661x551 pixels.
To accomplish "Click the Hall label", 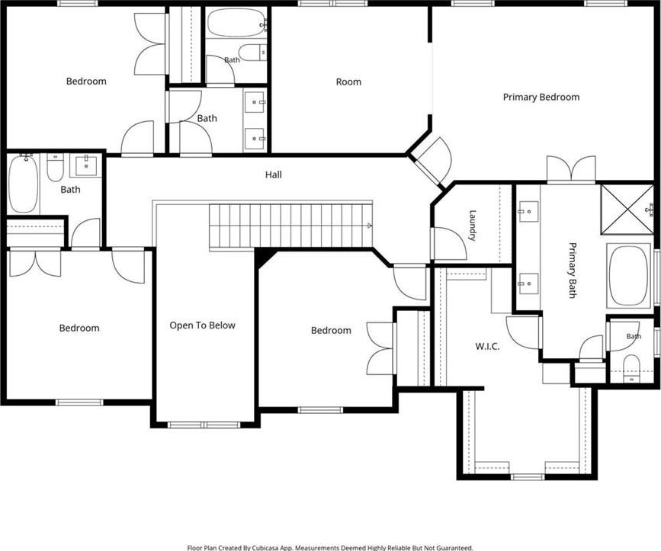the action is tap(274, 175).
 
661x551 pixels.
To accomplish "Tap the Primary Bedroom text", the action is tap(541, 97).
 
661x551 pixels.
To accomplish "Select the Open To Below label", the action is tap(202, 325).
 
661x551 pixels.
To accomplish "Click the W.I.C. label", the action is tap(487, 347).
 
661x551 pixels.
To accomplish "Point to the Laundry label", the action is tap(473, 226).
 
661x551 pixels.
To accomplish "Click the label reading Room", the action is tap(348, 82).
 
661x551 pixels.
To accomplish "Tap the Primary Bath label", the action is tap(572, 270).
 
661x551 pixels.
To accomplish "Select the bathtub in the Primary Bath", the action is tap(628, 275).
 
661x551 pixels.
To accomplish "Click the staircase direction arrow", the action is tap(370, 226).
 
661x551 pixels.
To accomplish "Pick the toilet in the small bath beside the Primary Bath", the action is tap(631, 366).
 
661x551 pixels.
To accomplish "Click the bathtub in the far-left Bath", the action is tap(23, 184).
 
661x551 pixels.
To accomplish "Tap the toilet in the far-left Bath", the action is tap(55, 167).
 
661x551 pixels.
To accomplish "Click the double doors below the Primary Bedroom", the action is tap(571, 168).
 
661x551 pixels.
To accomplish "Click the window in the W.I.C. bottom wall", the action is tap(528, 477).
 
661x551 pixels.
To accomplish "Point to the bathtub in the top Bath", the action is tap(236, 23).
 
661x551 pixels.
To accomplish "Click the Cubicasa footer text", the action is tap(330, 548).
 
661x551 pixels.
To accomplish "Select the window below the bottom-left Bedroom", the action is tap(79, 402).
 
